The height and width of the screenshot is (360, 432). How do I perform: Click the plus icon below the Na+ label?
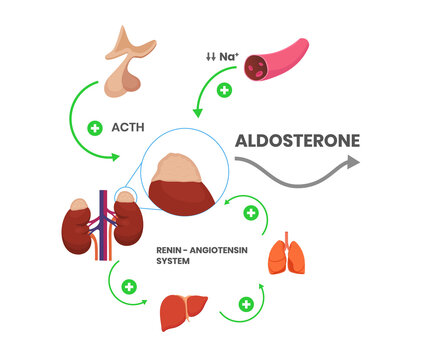pos(224,90)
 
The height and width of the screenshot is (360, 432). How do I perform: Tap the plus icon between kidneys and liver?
pos(128,287)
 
